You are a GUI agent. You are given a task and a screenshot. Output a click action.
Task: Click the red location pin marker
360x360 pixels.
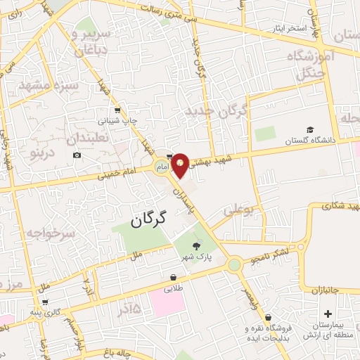click(181, 165)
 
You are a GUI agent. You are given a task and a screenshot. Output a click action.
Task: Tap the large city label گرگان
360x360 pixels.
click(149, 219)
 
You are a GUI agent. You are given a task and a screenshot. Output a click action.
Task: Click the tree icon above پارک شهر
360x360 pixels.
click(195, 245)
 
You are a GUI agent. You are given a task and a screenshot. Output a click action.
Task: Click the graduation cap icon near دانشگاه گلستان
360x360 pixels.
click(310, 130)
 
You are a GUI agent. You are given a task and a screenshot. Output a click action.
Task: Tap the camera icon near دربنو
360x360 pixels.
click(77, 155)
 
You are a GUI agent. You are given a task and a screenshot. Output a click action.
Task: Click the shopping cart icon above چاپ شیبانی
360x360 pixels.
click(117, 110)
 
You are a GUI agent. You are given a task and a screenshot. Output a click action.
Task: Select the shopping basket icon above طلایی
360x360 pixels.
click(174, 277)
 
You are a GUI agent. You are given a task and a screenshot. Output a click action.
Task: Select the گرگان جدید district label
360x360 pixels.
click(217, 111)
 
